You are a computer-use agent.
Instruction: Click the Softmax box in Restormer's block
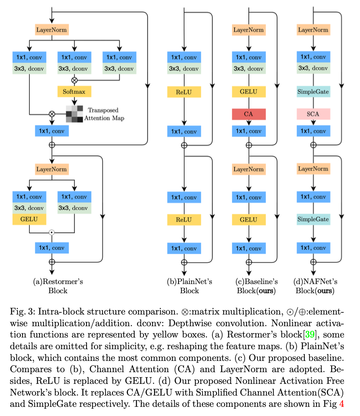point(74,91)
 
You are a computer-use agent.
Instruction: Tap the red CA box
point(249,114)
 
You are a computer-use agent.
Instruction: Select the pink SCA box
point(314,114)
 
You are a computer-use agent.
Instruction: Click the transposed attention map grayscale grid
point(74,114)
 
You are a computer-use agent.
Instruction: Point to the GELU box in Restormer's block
point(29,219)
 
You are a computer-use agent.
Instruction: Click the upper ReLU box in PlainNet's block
point(184,92)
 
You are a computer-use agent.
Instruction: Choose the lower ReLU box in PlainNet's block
point(184,220)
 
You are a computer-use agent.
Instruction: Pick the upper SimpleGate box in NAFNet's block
point(314,91)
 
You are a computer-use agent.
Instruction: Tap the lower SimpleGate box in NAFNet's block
point(314,219)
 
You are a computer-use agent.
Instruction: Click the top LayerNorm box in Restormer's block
point(52,30)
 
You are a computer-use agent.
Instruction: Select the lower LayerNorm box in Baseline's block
point(249,169)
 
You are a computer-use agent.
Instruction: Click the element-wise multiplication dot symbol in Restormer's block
point(52,232)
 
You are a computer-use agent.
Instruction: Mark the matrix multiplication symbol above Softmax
point(74,80)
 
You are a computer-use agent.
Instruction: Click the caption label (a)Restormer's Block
point(58,286)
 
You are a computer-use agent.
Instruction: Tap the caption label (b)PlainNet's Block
point(189,286)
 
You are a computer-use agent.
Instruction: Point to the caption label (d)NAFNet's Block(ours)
point(315,286)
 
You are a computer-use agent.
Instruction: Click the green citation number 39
point(310,334)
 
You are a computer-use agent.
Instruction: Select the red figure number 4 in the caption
point(342,404)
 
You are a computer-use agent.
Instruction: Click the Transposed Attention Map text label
point(104,114)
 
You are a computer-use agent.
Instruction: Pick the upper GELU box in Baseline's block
point(249,91)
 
